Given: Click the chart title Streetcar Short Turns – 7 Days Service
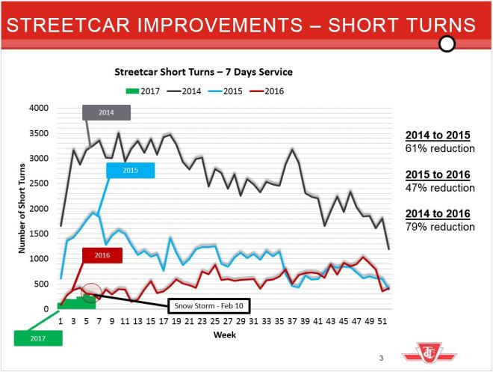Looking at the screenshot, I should [203, 73].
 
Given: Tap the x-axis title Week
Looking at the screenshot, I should [225, 335].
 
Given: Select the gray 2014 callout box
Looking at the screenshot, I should [107, 113].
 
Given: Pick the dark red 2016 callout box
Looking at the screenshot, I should [102, 254].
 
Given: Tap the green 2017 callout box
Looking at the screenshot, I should [38, 337].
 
